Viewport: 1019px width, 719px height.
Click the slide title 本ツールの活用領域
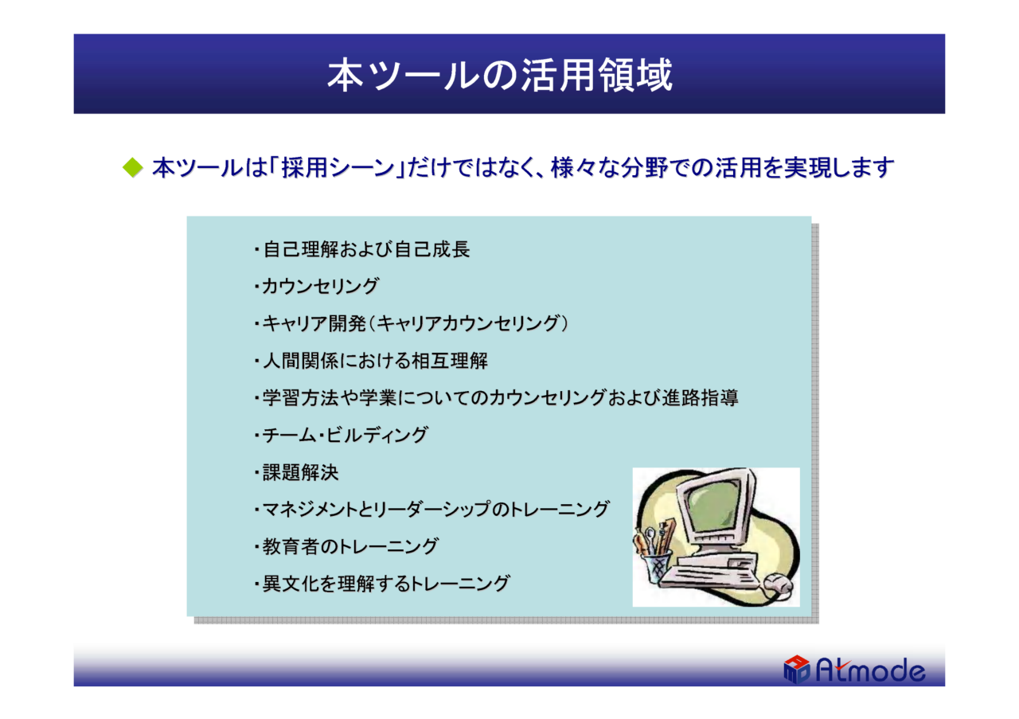click(499, 75)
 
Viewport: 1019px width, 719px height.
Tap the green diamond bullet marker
click(133, 167)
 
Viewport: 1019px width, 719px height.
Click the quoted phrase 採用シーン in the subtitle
click(338, 167)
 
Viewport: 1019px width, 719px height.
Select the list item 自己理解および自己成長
click(366, 249)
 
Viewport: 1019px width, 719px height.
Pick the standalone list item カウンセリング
click(320, 286)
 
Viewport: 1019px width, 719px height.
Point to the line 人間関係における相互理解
click(375, 361)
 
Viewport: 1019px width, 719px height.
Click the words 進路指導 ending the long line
click(700, 398)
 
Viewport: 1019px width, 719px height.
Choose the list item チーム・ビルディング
click(346, 435)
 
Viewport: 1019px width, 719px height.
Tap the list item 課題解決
click(301, 472)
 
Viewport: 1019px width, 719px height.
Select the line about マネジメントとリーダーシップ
click(435, 510)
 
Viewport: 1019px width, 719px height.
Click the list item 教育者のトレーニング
click(350, 546)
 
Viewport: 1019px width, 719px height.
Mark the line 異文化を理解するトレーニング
click(386, 584)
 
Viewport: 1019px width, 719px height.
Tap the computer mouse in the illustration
click(779, 584)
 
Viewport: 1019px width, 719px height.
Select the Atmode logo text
click(870, 670)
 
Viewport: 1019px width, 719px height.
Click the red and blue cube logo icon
click(797, 669)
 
